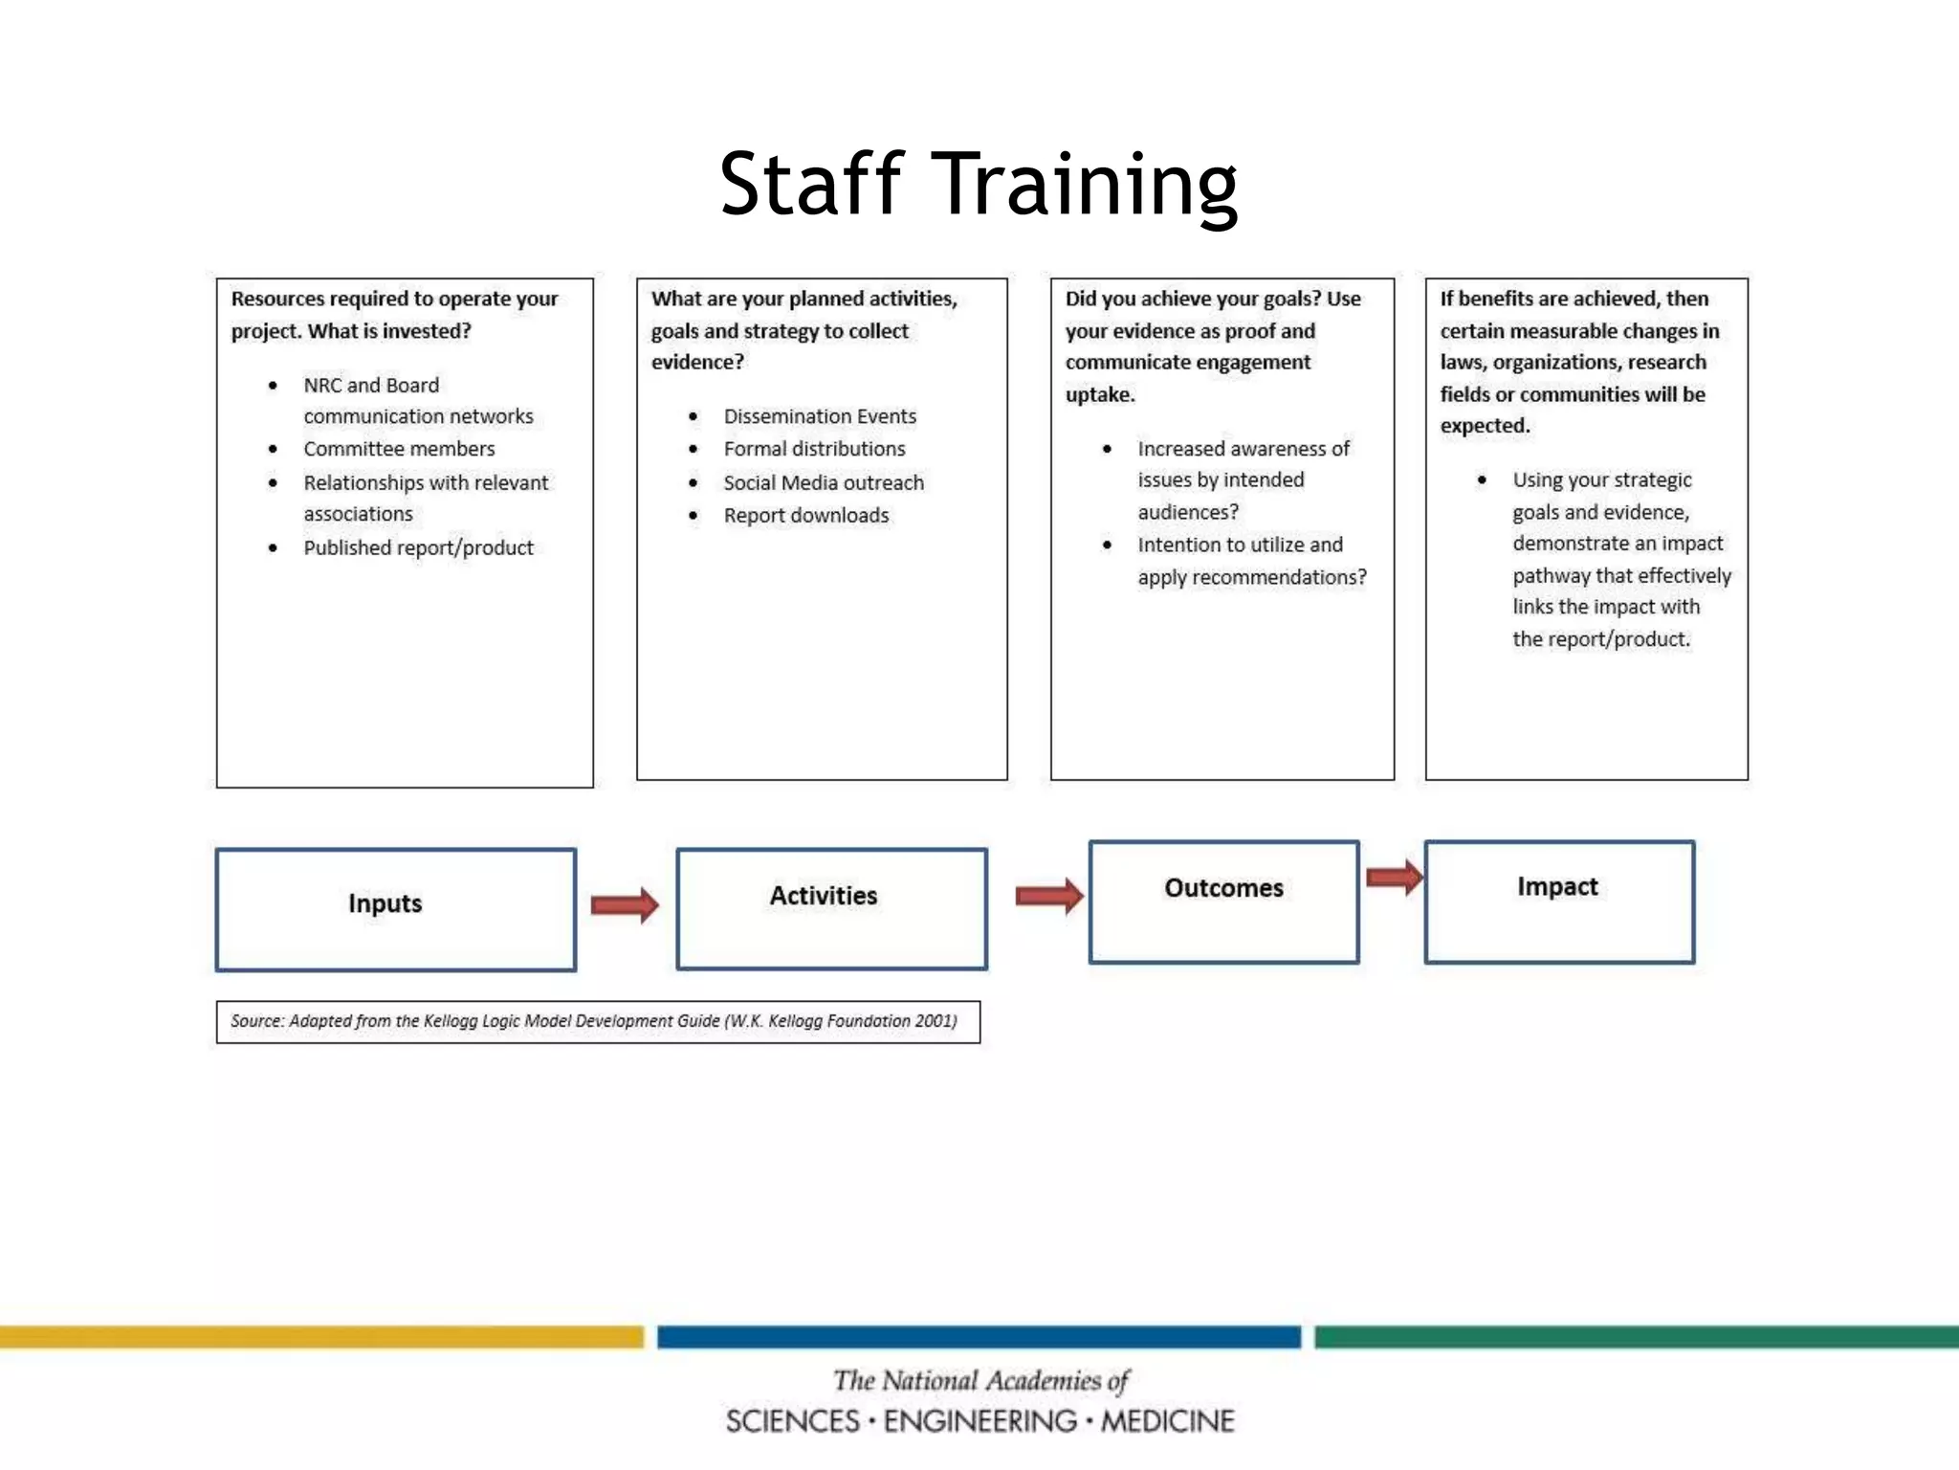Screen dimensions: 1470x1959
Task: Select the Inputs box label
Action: [x=385, y=903]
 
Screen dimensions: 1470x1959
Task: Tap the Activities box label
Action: [x=824, y=896]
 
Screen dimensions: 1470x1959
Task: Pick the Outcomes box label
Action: [x=1223, y=888]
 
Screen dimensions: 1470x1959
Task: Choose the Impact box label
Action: [x=1557, y=887]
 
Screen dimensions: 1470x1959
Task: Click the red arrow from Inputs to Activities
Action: [x=625, y=904]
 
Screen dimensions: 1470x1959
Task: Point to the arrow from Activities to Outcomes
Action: [x=1049, y=896]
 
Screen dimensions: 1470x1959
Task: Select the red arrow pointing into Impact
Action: [x=1394, y=877]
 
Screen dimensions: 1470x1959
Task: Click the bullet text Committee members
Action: [x=399, y=449]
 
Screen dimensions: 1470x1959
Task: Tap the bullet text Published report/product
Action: [x=418, y=547]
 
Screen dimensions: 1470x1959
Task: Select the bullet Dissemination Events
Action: [x=820, y=416]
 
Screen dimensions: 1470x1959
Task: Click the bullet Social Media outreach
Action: [x=824, y=482]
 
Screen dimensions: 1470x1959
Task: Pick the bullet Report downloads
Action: [x=806, y=516]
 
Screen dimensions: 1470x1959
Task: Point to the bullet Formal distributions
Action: [x=814, y=449]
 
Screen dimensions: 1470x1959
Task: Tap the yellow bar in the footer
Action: [x=321, y=1336]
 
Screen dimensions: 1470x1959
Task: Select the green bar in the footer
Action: [x=1636, y=1336]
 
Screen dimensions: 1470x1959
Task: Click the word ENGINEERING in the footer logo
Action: [x=979, y=1421]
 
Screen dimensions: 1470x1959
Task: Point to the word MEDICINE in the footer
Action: [x=1168, y=1421]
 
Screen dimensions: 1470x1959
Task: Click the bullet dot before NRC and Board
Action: [x=273, y=386]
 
